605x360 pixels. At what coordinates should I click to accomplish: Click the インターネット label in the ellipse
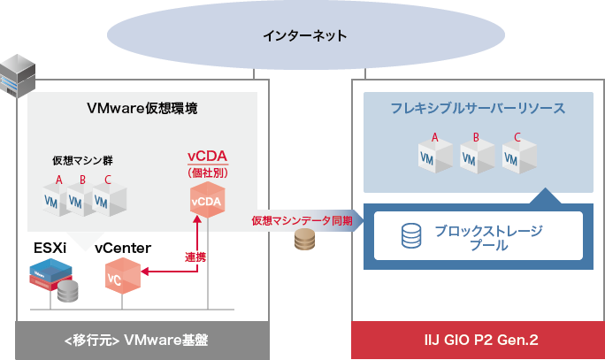coord(304,36)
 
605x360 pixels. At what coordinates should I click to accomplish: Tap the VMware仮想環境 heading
coord(142,109)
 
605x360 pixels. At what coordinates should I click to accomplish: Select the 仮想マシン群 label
coord(82,161)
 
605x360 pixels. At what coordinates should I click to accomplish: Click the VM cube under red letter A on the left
coord(57,199)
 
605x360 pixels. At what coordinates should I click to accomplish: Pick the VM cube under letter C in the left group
coord(107,199)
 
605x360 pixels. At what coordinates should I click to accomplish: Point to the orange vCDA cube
coord(207,201)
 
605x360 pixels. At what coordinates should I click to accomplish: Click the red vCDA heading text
coord(208,157)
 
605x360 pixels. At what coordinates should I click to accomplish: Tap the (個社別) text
coord(208,172)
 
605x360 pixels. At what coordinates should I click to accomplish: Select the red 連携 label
coord(195,257)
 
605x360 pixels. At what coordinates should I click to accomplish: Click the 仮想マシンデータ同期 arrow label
coord(302,220)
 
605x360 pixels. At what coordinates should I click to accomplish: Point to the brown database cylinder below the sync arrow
coord(305,241)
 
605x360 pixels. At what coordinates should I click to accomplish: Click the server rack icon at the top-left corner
coord(18,73)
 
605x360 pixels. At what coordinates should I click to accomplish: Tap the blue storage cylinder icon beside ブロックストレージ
coord(411,235)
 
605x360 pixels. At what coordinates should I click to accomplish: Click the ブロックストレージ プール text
coord(488,238)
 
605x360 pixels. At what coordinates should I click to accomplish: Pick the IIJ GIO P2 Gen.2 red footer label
coord(478,341)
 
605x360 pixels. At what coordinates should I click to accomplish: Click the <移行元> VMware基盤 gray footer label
coord(142,341)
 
